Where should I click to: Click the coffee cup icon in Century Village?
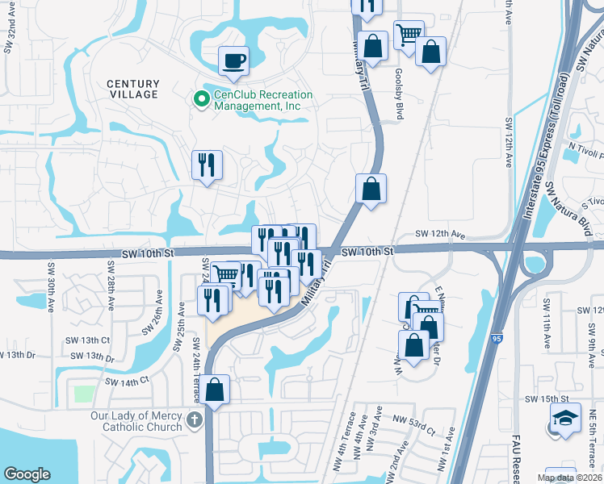click(233, 61)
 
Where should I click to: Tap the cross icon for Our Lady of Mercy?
click(193, 419)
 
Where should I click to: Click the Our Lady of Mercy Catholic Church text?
click(136, 423)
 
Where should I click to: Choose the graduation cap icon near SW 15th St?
click(565, 419)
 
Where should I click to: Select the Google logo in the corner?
click(27, 474)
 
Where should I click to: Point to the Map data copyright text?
click(569, 478)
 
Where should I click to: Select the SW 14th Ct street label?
click(128, 380)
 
